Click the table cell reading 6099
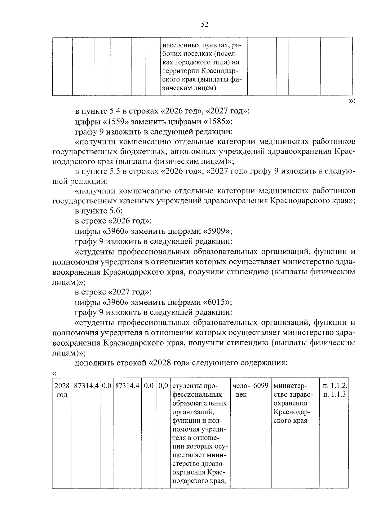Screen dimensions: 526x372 click(261, 386)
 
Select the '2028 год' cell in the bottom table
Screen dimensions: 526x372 click(62, 391)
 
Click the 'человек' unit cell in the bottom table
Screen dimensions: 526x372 click(241, 391)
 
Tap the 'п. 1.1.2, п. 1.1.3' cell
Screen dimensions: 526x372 click(335, 391)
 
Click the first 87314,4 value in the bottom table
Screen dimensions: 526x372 click(86, 386)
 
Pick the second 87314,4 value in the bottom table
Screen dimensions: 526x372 click(127, 386)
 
